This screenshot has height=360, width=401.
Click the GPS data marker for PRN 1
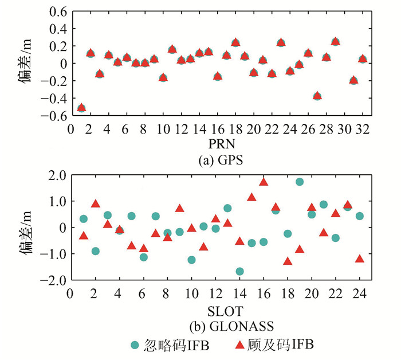pyautogui.click(x=81, y=107)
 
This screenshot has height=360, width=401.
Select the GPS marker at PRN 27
pyautogui.click(x=317, y=96)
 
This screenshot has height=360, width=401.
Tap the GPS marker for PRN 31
pyautogui.click(x=353, y=80)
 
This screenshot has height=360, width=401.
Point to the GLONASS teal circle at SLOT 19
pyautogui.click(x=300, y=182)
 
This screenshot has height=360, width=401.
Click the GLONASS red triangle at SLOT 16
pyautogui.click(x=264, y=182)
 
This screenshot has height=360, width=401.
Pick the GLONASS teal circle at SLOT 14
pyautogui.click(x=239, y=271)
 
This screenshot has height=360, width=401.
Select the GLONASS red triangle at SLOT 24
pyautogui.click(x=360, y=259)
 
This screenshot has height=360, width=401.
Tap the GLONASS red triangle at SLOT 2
pyautogui.click(x=96, y=204)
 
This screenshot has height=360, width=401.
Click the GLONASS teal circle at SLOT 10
pyautogui.click(x=191, y=260)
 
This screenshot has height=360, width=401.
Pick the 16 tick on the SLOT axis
pyautogui.click(x=264, y=294)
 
